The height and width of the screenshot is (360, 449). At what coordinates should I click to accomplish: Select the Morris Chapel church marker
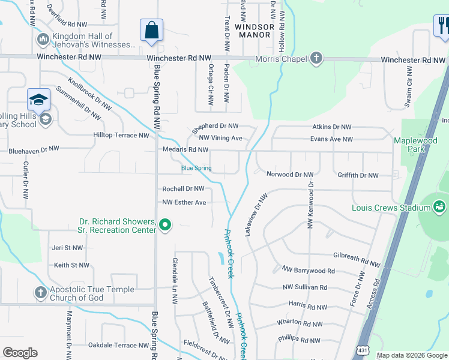tap(316, 59)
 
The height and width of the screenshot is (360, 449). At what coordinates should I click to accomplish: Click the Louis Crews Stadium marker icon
tap(439, 208)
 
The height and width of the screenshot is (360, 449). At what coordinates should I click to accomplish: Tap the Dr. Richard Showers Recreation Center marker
tap(165, 226)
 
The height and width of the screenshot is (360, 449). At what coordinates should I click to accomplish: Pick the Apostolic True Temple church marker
tap(41, 293)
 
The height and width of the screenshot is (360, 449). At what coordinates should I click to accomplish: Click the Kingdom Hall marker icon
tap(43, 40)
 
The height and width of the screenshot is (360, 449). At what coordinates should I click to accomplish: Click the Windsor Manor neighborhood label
tap(255, 31)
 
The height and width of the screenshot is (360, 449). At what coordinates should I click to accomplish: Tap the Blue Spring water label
tap(196, 168)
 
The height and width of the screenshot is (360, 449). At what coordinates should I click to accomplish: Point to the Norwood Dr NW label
tap(290, 175)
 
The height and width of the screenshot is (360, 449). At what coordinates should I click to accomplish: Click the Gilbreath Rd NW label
tap(357, 259)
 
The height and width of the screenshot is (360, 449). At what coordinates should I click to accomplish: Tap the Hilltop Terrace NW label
tap(121, 136)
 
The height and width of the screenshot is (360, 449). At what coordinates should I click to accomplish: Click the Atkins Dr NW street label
tap(332, 127)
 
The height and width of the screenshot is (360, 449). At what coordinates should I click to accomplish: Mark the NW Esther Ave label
tap(184, 202)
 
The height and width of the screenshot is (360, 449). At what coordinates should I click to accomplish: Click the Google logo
tap(20, 353)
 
